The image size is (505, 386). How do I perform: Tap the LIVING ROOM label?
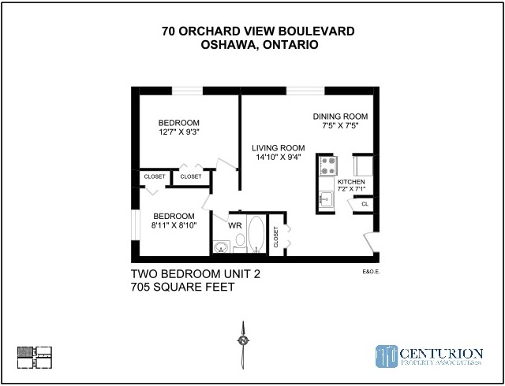[278, 147]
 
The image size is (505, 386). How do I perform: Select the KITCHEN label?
[351, 182]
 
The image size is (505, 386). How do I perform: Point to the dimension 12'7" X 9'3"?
[179, 132]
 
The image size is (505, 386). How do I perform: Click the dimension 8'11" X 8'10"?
[174, 225]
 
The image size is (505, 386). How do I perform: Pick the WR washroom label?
[234, 225]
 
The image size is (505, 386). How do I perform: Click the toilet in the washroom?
[241, 243]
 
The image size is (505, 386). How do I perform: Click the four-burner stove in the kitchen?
[327, 165]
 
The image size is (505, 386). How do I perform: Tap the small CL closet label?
[365, 204]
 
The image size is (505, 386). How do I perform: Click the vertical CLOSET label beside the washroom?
[275, 237]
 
